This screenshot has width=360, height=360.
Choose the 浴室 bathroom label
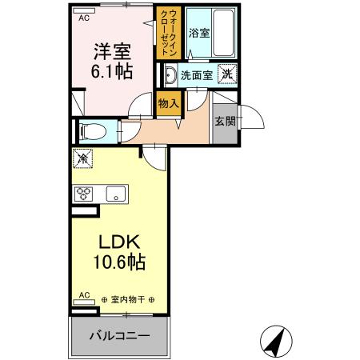coord(198,34)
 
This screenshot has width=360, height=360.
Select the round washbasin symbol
coord(170,75)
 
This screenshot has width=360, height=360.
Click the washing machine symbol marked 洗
coord(227,74)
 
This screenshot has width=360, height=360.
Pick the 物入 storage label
coord(167,103)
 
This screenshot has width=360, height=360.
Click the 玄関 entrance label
coord(225,122)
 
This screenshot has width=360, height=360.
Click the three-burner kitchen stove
coord(85,193)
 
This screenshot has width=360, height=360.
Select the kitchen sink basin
coord(117,193)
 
